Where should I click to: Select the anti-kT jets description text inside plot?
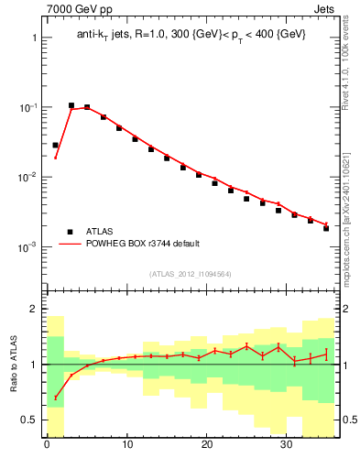coord(190,34)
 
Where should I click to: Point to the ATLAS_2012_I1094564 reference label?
coord(190,274)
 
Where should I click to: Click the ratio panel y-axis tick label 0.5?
coord(28,420)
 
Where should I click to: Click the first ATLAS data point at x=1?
coord(55,145)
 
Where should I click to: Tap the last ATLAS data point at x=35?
coord(326,228)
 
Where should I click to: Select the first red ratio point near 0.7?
coord(55,398)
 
